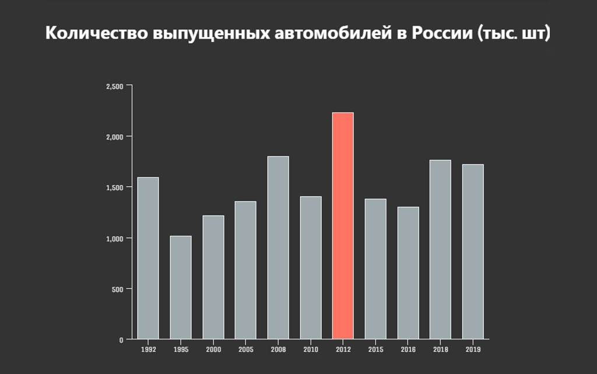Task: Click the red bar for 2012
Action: pos(343,226)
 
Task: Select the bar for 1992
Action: pos(148,258)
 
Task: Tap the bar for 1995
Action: pos(181,287)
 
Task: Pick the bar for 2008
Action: pos(278,247)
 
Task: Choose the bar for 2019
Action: pos(473,251)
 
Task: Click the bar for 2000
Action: pos(213,277)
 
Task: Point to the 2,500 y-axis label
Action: pos(115,86)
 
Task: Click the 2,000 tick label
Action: pos(115,137)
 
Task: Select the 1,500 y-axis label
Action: pos(115,187)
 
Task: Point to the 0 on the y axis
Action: pos(121,340)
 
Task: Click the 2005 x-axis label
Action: pos(245,349)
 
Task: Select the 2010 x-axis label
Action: pos(311,349)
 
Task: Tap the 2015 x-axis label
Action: pos(375,349)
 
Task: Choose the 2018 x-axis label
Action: pos(440,349)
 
